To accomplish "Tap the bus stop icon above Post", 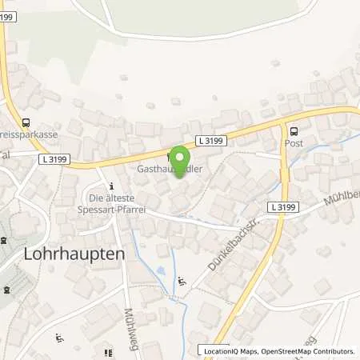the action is click(x=293, y=132).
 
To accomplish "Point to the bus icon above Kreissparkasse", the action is click(x=26, y=122).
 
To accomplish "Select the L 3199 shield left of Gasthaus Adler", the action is click(x=54, y=159).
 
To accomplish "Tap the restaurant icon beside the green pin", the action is click(x=169, y=156).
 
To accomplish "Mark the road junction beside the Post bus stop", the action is click(x=282, y=122).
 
